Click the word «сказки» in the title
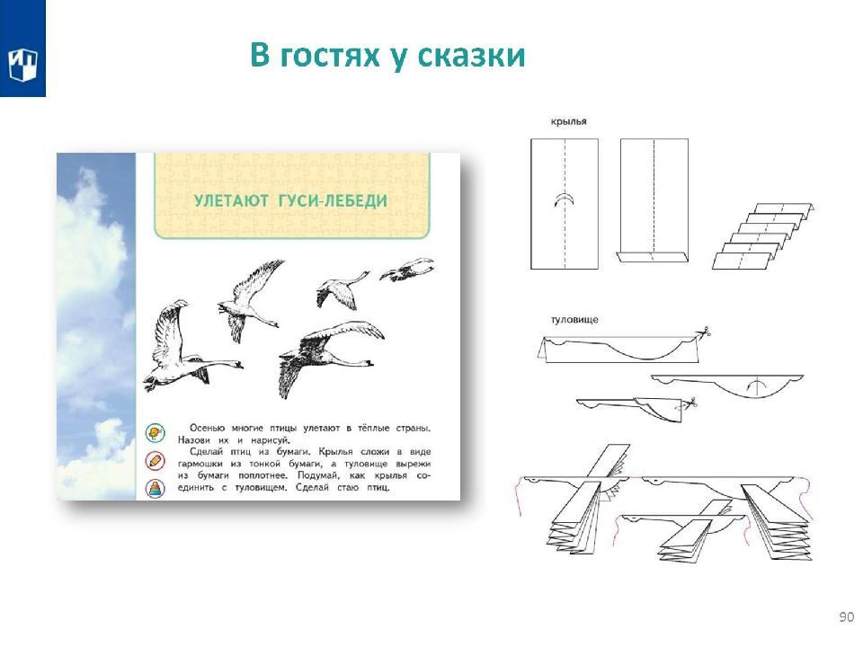[470, 56]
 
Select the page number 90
[847, 616]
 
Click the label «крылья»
[568, 121]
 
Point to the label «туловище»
[574, 320]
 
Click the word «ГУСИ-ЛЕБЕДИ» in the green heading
[333, 200]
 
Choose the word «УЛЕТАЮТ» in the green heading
[231, 200]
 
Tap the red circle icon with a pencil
[156, 460]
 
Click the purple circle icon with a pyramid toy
[156, 488]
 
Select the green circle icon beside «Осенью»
[156, 433]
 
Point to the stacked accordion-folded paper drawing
[762, 235]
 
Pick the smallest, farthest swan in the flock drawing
[407, 270]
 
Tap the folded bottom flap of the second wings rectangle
[653, 257]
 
